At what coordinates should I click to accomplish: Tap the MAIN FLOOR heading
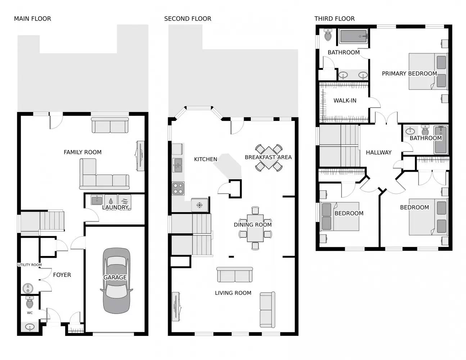(x=32, y=19)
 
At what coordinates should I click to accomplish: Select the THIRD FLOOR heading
(x=334, y=19)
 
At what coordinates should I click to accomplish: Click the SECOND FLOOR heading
(x=187, y=19)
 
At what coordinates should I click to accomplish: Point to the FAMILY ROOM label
(x=82, y=152)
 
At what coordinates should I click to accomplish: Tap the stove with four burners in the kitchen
(x=178, y=188)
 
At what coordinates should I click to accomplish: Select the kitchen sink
(x=177, y=165)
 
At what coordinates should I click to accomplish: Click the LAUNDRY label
(x=115, y=207)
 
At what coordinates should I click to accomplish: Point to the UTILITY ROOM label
(x=30, y=265)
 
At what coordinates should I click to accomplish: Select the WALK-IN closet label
(x=345, y=100)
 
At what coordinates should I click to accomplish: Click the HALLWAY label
(x=379, y=153)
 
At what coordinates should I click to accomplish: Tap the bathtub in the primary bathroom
(x=353, y=36)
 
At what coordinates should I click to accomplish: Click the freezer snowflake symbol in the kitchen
(x=199, y=205)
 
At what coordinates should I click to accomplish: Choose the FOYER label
(x=62, y=275)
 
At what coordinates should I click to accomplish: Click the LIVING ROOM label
(x=233, y=293)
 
